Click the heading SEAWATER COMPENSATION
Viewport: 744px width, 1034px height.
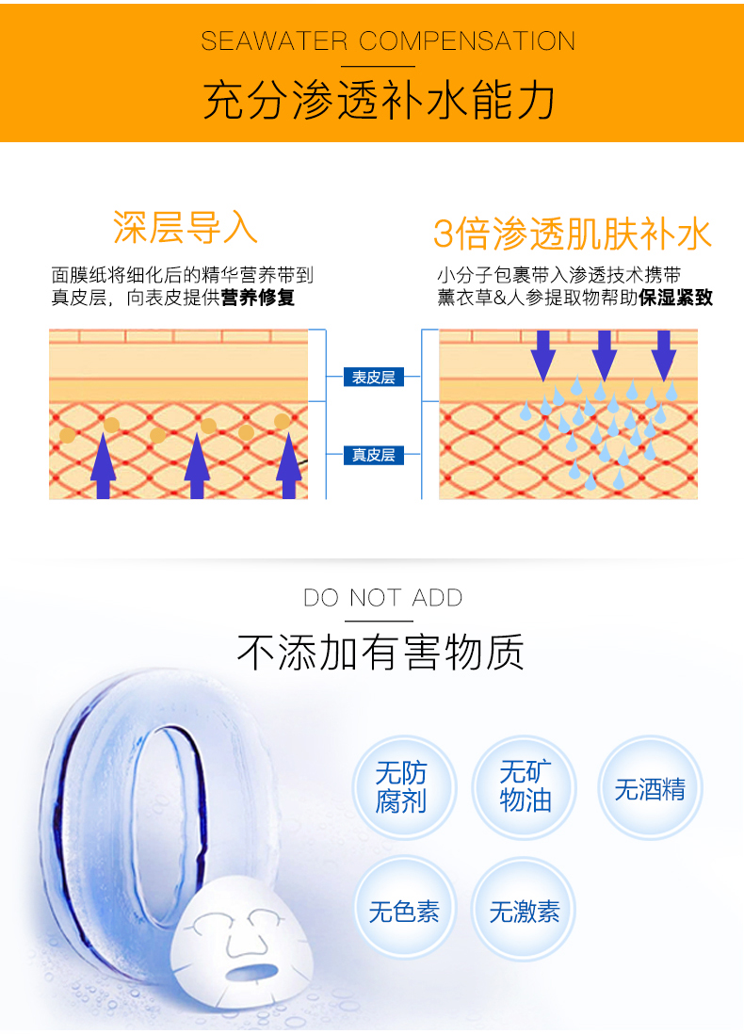pyautogui.click(x=388, y=41)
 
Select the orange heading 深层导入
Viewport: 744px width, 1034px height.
pyautogui.click(x=185, y=227)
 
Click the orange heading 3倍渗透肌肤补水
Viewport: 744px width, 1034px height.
pyautogui.click(x=572, y=234)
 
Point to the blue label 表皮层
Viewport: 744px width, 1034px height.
pyautogui.click(x=373, y=378)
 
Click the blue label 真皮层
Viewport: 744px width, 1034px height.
pyautogui.click(x=373, y=455)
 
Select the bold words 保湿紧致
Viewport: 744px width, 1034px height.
pyautogui.click(x=675, y=299)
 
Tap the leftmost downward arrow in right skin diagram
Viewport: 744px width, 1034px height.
pyautogui.click(x=542, y=354)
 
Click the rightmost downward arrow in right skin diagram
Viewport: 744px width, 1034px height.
pyautogui.click(x=664, y=354)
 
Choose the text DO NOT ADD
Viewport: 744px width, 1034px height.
pyautogui.click(x=383, y=598)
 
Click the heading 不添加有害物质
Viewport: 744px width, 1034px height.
pyautogui.click(x=380, y=652)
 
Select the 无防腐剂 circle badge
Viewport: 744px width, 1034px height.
pyautogui.click(x=402, y=787)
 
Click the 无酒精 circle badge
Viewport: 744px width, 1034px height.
pyautogui.click(x=650, y=787)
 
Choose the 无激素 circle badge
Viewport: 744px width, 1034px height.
pyautogui.click(x=525, y=911)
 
